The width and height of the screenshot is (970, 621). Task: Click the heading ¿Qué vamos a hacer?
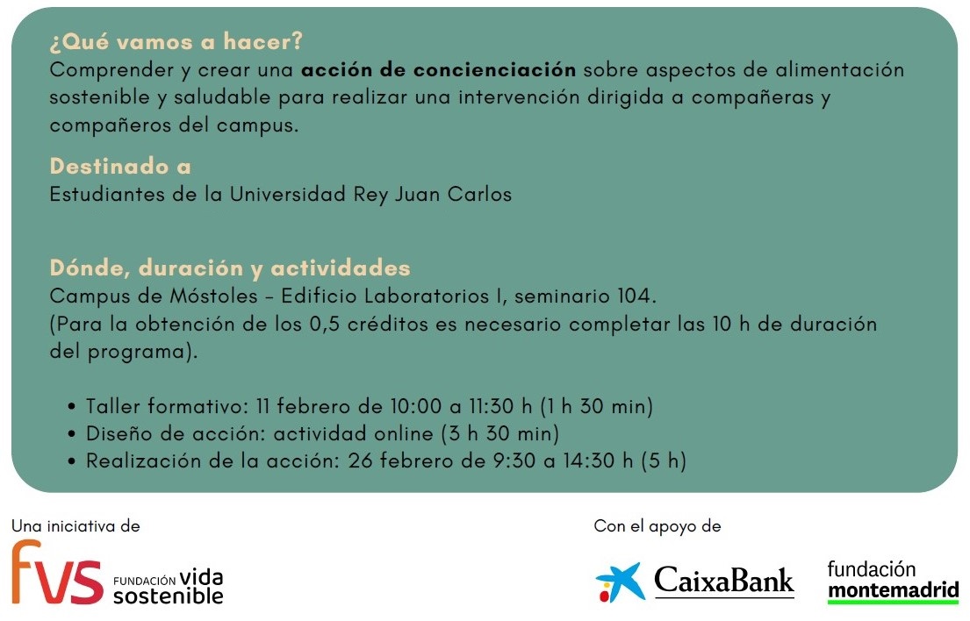tap(176, 41)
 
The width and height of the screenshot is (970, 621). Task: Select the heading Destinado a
tap(120, 167)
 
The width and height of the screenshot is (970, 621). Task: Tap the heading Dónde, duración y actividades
tap(230, 268)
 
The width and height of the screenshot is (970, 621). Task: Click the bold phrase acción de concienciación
tap(439, 70)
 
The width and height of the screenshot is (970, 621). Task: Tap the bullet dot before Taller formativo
tap(72, 407)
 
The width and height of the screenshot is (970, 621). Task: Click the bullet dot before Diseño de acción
tap(72, 434)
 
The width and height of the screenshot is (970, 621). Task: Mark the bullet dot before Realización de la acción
tap(72, 461)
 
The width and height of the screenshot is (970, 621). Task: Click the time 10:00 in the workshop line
tap(416, 407)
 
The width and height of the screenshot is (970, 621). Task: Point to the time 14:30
tap(590, 461)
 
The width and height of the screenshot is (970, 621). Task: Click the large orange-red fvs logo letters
tap(57, 572)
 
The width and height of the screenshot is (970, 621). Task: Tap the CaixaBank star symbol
tap(620, 582)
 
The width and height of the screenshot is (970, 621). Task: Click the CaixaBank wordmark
tap(724, 581)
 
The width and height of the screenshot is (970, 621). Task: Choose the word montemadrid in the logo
tap(894, 590)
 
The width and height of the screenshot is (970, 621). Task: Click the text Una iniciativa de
tap(75, 526)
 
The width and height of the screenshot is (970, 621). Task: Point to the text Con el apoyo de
tap(657, 526)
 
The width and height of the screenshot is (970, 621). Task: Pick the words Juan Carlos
tap(454, 195)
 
